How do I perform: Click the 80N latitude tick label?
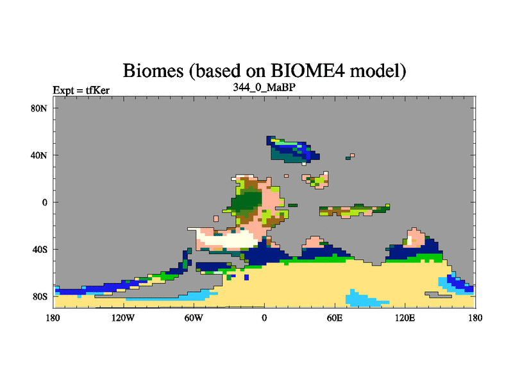pos(39,108)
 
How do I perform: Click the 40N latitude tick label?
pos(39,155)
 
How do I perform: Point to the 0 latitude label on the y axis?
pos(45,203)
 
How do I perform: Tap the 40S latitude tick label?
pos(40,250)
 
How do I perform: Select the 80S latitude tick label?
pos(40,297)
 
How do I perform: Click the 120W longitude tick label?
pos(123,318)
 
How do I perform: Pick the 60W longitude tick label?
pos(194,318)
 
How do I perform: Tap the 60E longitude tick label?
pos(335,318)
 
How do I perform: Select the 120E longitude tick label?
pos(405,318)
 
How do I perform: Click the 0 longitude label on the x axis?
pos(264,318)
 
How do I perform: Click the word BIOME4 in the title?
pos(308,71)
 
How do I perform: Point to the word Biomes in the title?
pos(153,71)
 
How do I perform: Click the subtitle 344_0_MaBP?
pos(264,87)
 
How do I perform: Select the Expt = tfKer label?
pos(81,90)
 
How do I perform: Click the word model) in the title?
pos(378,71)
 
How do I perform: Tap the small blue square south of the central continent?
pos(246,277)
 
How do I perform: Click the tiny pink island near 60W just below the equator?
pos(216,219)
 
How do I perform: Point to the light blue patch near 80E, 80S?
pos(363,299)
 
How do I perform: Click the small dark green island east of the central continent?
pos(292,205)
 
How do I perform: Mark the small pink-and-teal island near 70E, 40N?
pos(350,157)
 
